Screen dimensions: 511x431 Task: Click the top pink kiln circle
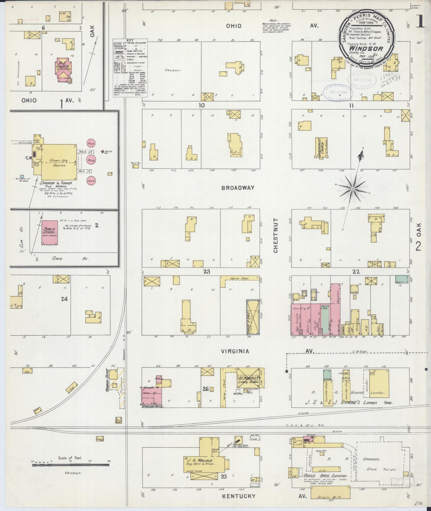(x=91, y=143)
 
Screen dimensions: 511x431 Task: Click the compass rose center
(x=353, y=188)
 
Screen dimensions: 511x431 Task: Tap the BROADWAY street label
(x=238, y=188)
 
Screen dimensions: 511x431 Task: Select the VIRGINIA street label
(x=235, y=351)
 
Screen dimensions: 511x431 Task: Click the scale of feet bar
(x=71, y=471)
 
